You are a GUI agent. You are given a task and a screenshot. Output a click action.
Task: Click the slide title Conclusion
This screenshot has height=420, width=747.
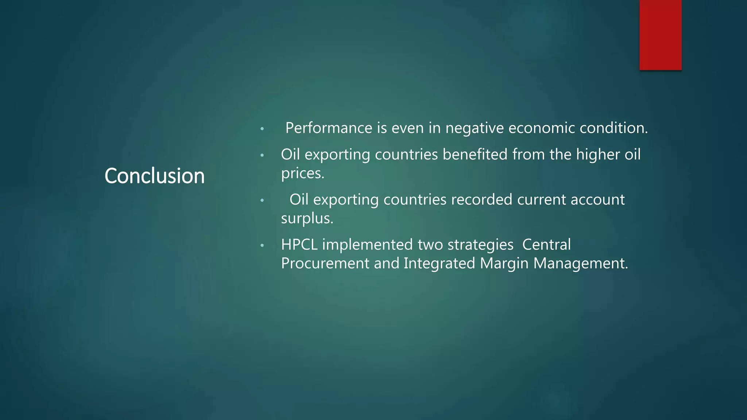coord(154,176)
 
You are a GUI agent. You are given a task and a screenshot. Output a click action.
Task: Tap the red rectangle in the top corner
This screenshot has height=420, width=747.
coord(660,35)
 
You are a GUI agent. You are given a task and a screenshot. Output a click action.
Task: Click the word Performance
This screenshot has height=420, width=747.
coord(329,128)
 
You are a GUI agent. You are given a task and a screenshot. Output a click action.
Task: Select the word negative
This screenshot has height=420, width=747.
coord(474,128)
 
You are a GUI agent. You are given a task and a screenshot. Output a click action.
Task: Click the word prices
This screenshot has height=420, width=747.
coord(302,174)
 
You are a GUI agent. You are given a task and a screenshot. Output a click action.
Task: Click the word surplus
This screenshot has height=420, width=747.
coord(307,219)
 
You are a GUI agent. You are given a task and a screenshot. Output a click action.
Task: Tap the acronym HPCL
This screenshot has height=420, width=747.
coord(299,245)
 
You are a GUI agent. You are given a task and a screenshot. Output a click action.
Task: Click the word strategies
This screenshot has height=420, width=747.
coord(480,245)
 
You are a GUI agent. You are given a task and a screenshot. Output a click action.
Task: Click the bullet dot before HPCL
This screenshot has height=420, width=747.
coord(262,246)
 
